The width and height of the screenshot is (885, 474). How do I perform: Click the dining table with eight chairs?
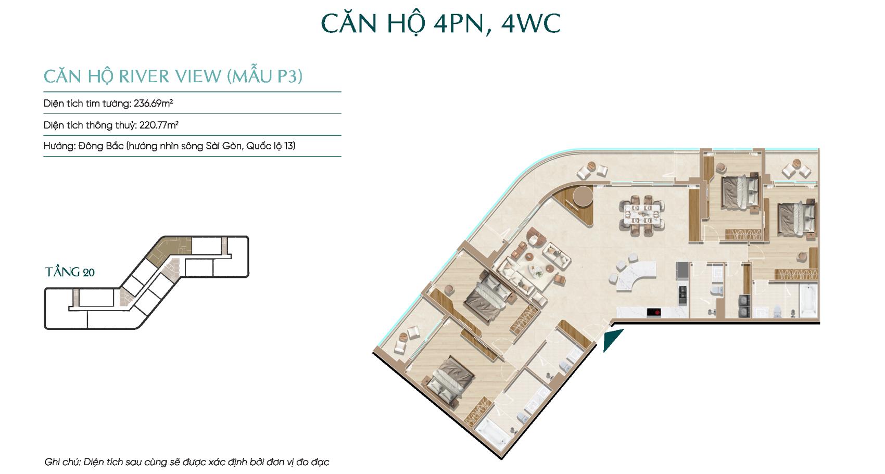(x=641, y=216)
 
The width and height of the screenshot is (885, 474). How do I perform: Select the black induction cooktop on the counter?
(x=654, y=313)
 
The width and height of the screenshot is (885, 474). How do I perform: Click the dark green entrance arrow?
(x=612, y=339)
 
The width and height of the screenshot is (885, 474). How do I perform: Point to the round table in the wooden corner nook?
(x=583, y=196)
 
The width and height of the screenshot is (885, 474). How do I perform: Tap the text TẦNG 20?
(x=70, y=272)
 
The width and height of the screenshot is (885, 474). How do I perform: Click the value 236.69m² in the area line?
(x=153, y=103)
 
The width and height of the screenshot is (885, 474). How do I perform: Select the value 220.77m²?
(x=159, y=125)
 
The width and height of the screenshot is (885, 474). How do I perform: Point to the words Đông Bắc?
(x=101, y=146)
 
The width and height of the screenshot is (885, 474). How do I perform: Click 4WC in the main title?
(x=530, y=24)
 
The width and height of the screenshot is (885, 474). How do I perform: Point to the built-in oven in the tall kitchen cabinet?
(x=682, y=293)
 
